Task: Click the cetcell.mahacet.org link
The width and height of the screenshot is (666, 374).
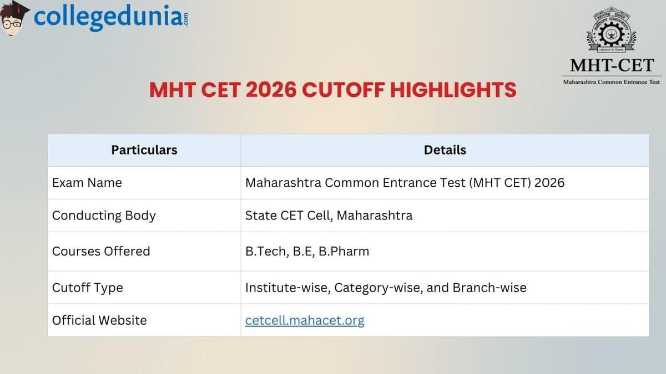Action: pyautogui.click(x=305, y=320)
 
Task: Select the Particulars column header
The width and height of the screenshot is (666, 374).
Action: pyautogui.click(x=144, y=150)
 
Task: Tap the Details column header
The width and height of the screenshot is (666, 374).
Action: pyautogui.click(x=445, y=150)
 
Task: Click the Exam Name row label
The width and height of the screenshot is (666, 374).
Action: pyautogui.click(x=87, y=183)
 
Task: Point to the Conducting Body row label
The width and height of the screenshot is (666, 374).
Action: pyautogui.click(x=104, y=216)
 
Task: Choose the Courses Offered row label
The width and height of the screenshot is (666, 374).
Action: pyautogui.click(x=101, y=251)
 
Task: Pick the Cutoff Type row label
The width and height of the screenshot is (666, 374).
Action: pyautogui.click(x=87, y=288)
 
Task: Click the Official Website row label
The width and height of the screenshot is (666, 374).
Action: pyautogui.click(x=99, y=320)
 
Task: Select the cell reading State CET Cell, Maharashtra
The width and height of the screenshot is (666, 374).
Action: pyautogui.click(x=329, y=216)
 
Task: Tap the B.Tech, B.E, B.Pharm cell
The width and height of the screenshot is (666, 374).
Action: pyautogui.click(x=307, y=251)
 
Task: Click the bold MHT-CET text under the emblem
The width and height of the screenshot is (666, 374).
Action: pyautogui.click(x=612, y=65)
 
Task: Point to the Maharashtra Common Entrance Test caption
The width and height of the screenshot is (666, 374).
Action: pyautogui.click(x=612, y=82)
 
